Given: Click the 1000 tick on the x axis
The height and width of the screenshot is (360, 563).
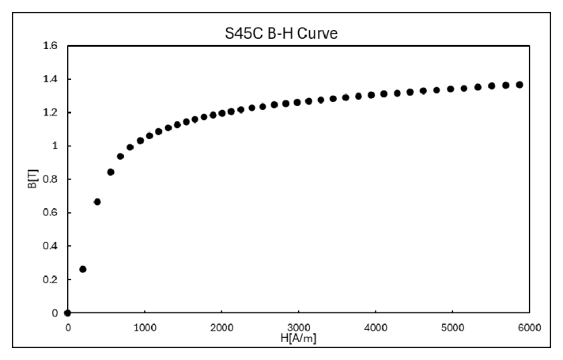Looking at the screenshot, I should (x=145, y=327).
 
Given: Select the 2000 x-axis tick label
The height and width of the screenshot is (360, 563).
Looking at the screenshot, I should (x=221, y=327).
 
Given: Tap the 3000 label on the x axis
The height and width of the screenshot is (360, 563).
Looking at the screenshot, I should (x=299, y=327).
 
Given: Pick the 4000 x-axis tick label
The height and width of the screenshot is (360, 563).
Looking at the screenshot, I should (x=376, y=327).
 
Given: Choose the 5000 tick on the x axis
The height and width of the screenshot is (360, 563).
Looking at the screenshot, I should (x=453, y=327).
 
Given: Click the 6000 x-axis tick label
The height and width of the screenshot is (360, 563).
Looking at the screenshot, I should (x=530, y=327).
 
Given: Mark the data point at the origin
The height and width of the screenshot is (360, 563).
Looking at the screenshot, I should (x=68, y=313).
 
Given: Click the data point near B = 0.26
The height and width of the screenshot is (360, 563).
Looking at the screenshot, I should (x=83, y=269).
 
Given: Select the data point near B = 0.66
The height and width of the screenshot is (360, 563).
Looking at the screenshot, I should (x=97, y=202).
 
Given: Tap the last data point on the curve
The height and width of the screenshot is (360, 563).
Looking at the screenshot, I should (x=520, y=85).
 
